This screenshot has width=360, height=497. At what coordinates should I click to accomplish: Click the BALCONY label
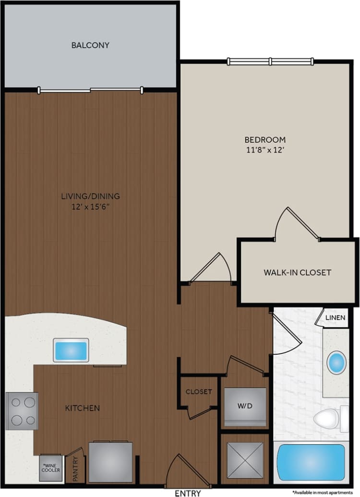[x=90, y=46]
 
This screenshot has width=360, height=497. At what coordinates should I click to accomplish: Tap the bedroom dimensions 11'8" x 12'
[x=265, y=149]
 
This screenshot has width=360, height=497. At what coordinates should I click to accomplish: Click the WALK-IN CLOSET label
[x=297, y=272]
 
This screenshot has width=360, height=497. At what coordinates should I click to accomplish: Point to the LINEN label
[x=335, y=318]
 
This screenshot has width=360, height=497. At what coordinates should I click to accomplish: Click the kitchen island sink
[x=71, y=350]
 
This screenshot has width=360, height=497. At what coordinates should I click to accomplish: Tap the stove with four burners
[x=22, y=411]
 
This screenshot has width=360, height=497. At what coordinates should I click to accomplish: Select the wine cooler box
[x=50, y=468]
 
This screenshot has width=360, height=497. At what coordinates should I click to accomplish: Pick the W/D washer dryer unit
[x=245, y=406]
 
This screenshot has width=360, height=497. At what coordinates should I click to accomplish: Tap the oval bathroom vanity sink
[x=336, y=363]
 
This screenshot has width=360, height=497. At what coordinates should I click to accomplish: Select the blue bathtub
[x=311, y=462]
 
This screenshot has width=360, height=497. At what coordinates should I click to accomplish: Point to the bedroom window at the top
[x=270, y=61]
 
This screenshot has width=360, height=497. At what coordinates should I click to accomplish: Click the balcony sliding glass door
[x=90, y=90]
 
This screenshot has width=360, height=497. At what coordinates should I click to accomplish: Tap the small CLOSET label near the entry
[x=199, y=391]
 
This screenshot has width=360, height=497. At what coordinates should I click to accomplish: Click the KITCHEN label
[x=83, y=408]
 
